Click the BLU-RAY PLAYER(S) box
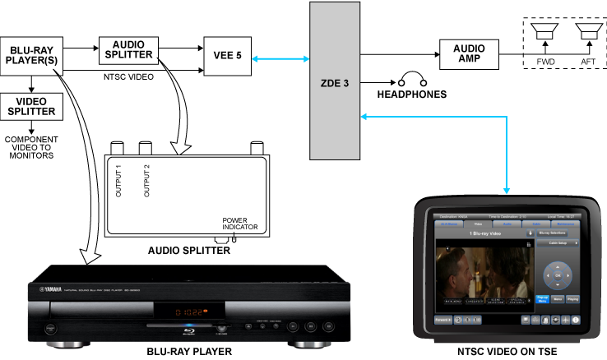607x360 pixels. click(31, 56)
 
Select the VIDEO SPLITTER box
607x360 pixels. click(31, 105)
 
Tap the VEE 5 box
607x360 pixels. click(227, 56)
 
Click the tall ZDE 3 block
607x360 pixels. click(335, 81)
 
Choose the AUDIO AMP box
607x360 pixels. click(469, 56)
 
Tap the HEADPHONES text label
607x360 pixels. click(411, 95)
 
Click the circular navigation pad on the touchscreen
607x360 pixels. click(558, 272)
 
